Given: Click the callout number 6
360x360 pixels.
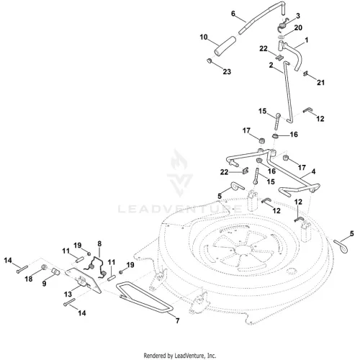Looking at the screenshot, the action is (x=233, y=14).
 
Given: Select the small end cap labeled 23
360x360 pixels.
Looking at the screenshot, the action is (x=210, y=61).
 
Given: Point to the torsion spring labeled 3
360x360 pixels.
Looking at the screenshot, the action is (x=283, y=26).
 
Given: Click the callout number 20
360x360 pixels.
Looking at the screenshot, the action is (x=298, y=28).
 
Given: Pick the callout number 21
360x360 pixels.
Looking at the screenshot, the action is (x=320, y=83).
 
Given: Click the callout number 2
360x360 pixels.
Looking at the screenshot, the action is (x=271, y=65).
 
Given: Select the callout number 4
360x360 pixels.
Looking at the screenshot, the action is (x=313, y=171).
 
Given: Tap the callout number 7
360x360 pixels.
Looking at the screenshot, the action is (x=177, y=320).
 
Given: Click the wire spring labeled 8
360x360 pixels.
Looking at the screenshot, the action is (x=96, y=267).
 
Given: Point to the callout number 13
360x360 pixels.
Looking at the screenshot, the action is (x=68, y=294).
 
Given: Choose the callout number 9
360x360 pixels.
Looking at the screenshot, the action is (x=44, y=284).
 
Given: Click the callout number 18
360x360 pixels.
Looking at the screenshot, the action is (x=29, y=279).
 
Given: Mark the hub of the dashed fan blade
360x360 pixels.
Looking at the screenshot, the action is (x=243, y=250).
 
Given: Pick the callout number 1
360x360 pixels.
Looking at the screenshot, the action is (x=306, y=40).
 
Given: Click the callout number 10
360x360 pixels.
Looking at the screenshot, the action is (x=204, y=37).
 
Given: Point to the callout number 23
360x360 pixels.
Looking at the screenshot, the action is (x=227, y=71).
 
